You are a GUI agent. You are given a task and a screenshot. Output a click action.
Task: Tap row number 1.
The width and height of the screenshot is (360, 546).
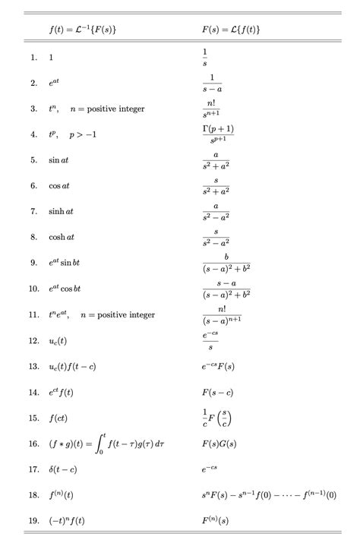(x=34, y=57)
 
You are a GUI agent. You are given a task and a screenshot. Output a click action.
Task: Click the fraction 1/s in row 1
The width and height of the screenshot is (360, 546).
(x=204, y=57)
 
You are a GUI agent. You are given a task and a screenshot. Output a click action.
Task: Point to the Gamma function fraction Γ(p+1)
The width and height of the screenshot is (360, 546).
(x=217, y=134)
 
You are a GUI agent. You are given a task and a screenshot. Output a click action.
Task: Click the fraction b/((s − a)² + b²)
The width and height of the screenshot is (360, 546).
(x=226, y=263)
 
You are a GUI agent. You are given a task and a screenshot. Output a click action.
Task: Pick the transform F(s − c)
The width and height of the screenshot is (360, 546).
(x=218, y=392)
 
